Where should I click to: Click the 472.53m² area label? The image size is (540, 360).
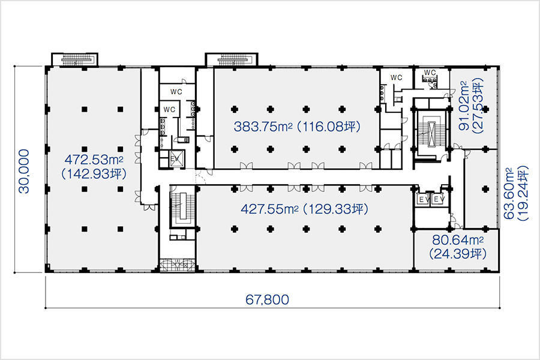tap(94, 160)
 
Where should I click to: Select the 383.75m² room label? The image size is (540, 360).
tap(263, 127)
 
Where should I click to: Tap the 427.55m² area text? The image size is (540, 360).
tap(269, 209)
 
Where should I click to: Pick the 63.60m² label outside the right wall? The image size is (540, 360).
tap(509, 193)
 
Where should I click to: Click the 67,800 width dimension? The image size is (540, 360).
tap(267, 299)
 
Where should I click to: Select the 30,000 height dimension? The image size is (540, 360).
tap(25, 171)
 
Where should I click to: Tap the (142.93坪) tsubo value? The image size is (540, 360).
tap(94, 174)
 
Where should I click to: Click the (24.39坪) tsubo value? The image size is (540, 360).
tap(458, 254)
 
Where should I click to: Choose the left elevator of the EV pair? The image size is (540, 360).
tap(422, 199)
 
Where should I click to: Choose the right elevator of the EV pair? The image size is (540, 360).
tap(438, 199)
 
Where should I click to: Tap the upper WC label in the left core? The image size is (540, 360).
tap(176, 92)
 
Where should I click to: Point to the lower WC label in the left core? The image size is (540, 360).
tap(169, 110)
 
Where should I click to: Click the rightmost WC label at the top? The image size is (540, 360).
tap(430, 73)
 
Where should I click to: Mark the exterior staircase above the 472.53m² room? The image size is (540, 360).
tap(75, 59)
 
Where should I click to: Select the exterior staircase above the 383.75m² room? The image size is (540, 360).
tap(232, 59)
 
